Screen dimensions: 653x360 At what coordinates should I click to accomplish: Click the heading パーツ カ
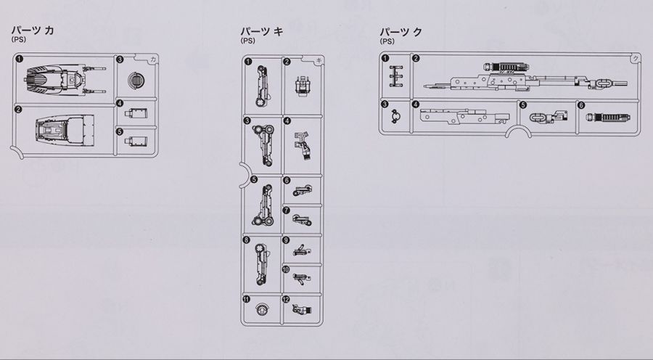33,30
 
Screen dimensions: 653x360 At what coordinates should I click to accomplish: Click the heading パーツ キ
261,31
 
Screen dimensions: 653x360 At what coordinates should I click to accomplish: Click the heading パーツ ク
401,32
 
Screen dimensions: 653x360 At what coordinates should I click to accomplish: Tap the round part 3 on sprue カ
136,80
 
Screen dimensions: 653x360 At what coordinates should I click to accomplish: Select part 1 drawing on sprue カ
65,79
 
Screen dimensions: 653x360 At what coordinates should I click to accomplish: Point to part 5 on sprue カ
136,142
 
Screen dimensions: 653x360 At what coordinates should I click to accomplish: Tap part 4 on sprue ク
465,117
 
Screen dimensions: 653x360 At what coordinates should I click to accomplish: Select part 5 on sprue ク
549,117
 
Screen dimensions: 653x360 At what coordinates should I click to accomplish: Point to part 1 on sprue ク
396,76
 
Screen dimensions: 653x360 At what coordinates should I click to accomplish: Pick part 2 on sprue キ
302,86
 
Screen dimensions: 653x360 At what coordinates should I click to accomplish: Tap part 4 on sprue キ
303,147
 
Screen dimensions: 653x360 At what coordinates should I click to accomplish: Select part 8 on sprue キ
262,264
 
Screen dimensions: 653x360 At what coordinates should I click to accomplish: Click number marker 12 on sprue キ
286,299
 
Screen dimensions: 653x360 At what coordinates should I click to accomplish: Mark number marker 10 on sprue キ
286,269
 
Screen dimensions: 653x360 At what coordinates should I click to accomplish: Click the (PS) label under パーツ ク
387,41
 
